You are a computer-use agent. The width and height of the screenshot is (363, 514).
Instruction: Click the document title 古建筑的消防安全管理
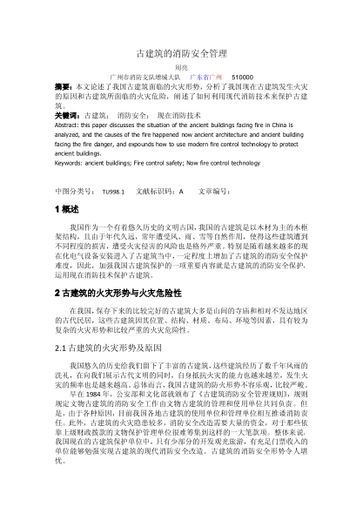(181, 52)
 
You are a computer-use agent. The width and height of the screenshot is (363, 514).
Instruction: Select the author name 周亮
(181, 66)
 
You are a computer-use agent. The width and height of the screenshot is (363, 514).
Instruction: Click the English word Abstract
(69, 125)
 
